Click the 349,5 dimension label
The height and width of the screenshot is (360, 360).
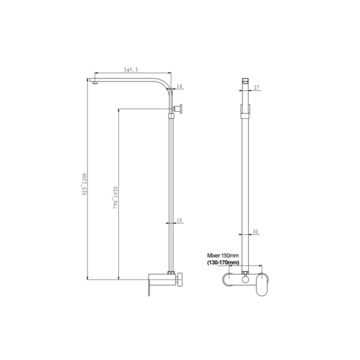pyautogui.click(x=131, y=70)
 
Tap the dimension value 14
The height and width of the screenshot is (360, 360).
pyautogui.click(x=179, y=86)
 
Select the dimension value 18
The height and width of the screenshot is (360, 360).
pyautogui.click(x=179, y=220)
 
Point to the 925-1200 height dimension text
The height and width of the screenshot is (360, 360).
pyautogui.click(x=85, y=184)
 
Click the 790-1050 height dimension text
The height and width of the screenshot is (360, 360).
pyautogui.click(x=115, y=197)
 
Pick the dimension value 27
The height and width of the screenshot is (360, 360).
pyautogui.click(x=256, y=88)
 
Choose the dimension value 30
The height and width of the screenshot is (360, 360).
pyautogui.click(x=256, y=232)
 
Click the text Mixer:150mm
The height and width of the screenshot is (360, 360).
pyautogui.click(x=223, y=256)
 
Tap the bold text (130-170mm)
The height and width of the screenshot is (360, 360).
pyautogui.click(x=223, y=262)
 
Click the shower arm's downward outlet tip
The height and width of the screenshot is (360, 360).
pyautogui.click(x=94, y=82)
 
